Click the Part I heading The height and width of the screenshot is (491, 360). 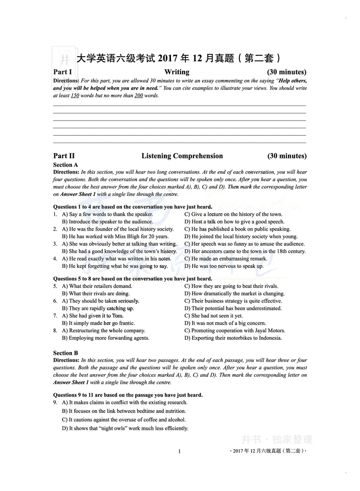(x=63, y=72)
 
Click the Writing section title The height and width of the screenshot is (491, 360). (x=177, y=72)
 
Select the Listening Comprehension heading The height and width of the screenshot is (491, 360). (x=182, y=156)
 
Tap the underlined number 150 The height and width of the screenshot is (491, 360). (x=75, y=96)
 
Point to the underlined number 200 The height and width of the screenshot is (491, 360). (x=139, y=96)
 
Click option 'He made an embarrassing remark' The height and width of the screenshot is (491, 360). (x=225, y=259)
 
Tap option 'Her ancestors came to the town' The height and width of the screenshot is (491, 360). (x=245, y=251)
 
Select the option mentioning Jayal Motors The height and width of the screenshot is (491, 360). (x=234, y=330)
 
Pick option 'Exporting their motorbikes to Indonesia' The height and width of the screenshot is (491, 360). (x=233, y=338)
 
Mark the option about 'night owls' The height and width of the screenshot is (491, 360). (x=125, y=429)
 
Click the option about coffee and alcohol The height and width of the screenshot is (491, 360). (x=117, y=420)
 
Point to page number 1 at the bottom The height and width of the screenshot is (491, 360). (x=179, y=451)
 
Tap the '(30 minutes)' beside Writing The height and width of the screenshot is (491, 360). (x=287, y=72)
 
